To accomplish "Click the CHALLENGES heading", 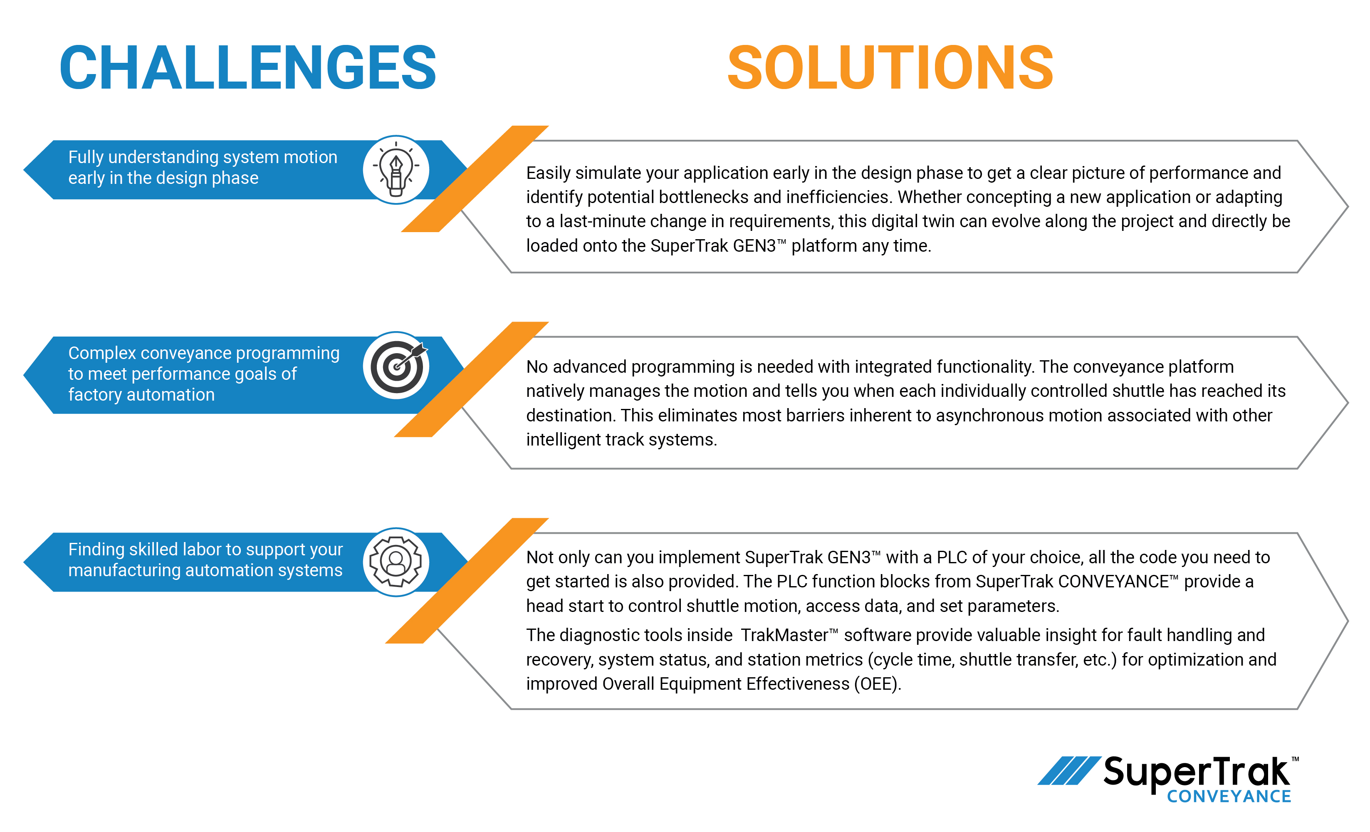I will (247, 68).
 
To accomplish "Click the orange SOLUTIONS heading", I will (890, 68).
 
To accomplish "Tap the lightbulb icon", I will (396, 170).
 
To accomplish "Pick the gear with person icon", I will (396, 562).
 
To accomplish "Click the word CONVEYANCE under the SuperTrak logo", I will (1228, 796).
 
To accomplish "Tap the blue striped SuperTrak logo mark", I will (1068, 770).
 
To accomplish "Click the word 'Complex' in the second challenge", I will (102, 353).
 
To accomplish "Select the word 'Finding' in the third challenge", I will (96, 550).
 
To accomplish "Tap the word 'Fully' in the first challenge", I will (86, 157).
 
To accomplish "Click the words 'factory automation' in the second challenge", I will (141, 395).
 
